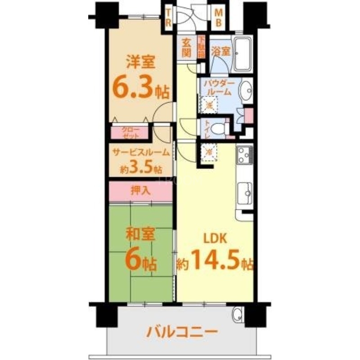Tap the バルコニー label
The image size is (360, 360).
182,333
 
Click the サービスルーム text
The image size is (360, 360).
140,153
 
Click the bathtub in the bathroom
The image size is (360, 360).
243,54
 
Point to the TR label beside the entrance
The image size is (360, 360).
168,18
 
